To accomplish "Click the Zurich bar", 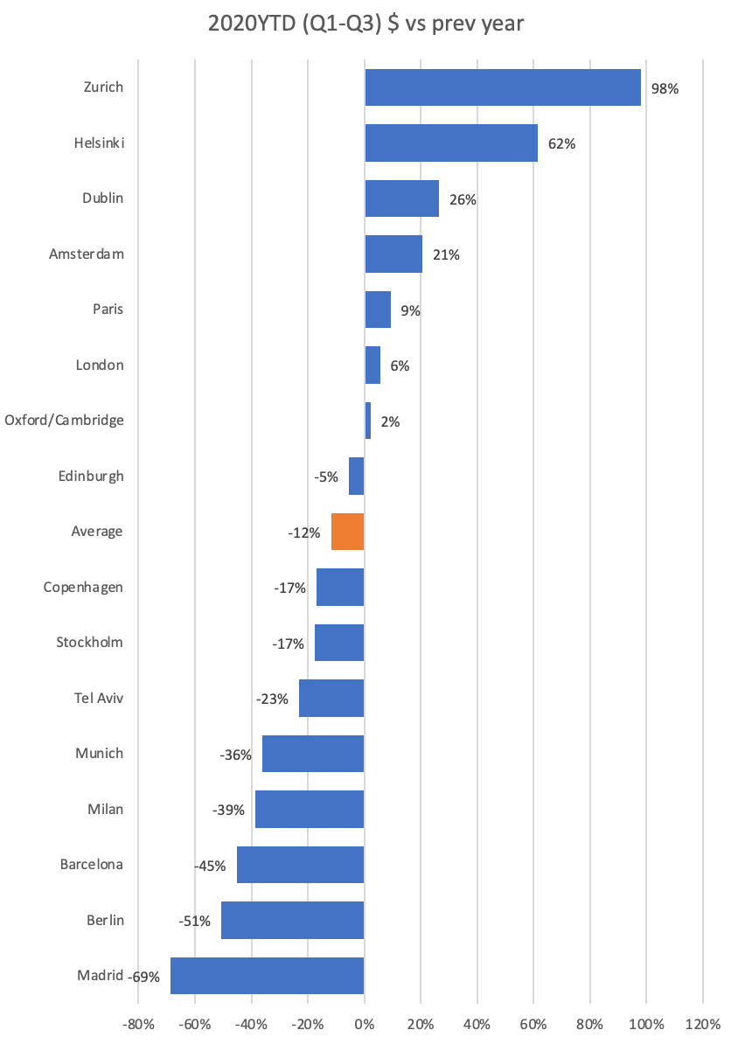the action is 503,87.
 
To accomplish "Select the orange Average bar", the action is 348,532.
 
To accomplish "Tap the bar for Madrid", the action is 267,976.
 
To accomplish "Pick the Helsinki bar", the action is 451,143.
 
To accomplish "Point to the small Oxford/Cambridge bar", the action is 367,421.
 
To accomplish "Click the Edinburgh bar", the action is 357,476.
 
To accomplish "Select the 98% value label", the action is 665,89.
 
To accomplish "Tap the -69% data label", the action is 144,977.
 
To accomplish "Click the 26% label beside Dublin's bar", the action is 463,199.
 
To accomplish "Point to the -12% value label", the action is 304,532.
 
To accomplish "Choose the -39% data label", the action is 228,811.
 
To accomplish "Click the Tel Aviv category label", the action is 99,698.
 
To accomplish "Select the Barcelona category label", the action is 91,864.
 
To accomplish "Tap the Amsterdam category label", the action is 87,254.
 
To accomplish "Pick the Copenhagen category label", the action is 83,588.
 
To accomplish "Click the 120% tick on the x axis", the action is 703,1024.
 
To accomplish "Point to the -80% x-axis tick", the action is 138,1024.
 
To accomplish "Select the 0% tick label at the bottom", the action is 365,1024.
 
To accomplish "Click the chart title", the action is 366,24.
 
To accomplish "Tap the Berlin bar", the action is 292,920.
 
